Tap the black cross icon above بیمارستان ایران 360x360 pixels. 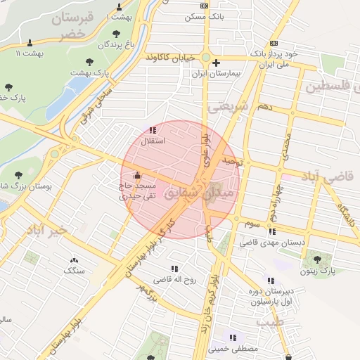coord(216,63)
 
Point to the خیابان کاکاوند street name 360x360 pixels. coord(169,58)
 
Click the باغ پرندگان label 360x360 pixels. coord(115,45)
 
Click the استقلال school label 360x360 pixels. coord(153,141)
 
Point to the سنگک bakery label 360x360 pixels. coord(74,270)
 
